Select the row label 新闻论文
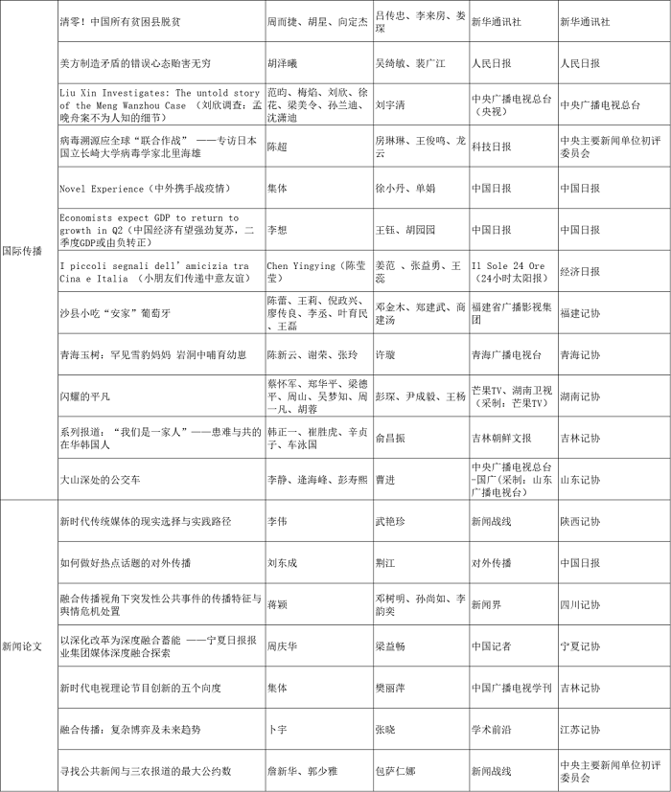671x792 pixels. pyautogui.click(x=22, y=645)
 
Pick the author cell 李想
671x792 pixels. pyautogui.click(x=277, y=230)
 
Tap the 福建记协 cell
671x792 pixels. pyautogui.click(x=580, y=312)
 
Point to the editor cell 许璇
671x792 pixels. pyautogui.click(x=384, y=354)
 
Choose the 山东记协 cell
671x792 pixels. pyautogui.click(x=580, y=479)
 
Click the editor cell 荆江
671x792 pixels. pyautogui.click(x=384, y=563)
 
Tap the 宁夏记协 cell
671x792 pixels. pyautogui.click(x=580, y=646)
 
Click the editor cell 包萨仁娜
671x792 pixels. pyautogui.click(x=395, y=771)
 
